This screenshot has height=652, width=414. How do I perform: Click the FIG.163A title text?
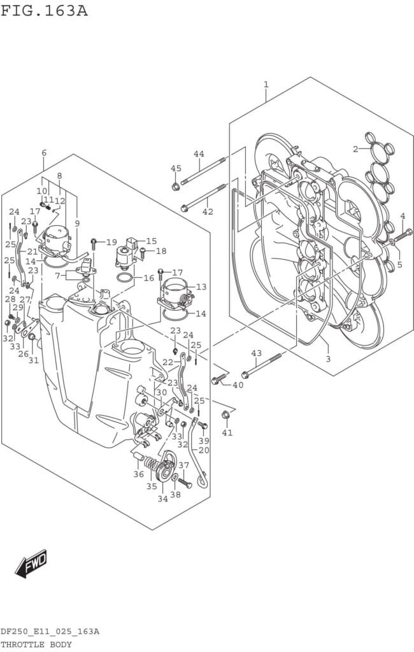pos(44,10)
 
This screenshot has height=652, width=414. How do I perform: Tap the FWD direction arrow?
pos(31,563)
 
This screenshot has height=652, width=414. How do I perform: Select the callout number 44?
pos(199,154)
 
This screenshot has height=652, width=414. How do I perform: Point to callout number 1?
pos(266,85)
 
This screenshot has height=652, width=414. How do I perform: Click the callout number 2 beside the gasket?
pos(355,149)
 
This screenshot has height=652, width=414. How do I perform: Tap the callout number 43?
pos(256,353)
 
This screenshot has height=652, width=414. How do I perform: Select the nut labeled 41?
pos(225,415)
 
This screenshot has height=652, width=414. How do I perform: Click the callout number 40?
pos(238,385)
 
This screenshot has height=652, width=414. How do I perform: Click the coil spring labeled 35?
pos(152,464)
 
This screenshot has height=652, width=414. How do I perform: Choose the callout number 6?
pos(44,153)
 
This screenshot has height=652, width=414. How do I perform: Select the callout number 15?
pos(152,241)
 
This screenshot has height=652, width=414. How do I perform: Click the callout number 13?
pos(201,287)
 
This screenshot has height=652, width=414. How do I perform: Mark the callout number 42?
pos(208,211)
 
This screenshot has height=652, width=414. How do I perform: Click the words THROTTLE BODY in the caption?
pos(36,644)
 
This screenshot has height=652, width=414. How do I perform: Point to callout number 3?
pos(328,358)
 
